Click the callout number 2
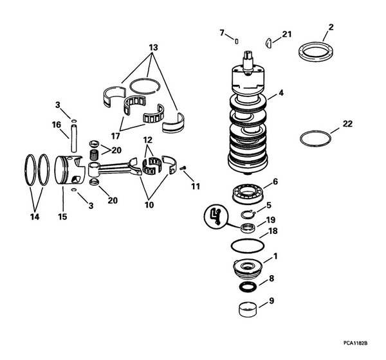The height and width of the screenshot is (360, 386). click(x=331, y=27)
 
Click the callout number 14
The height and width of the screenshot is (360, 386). click(x=35, y=217)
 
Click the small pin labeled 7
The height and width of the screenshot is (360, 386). click(x=237, y=40)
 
